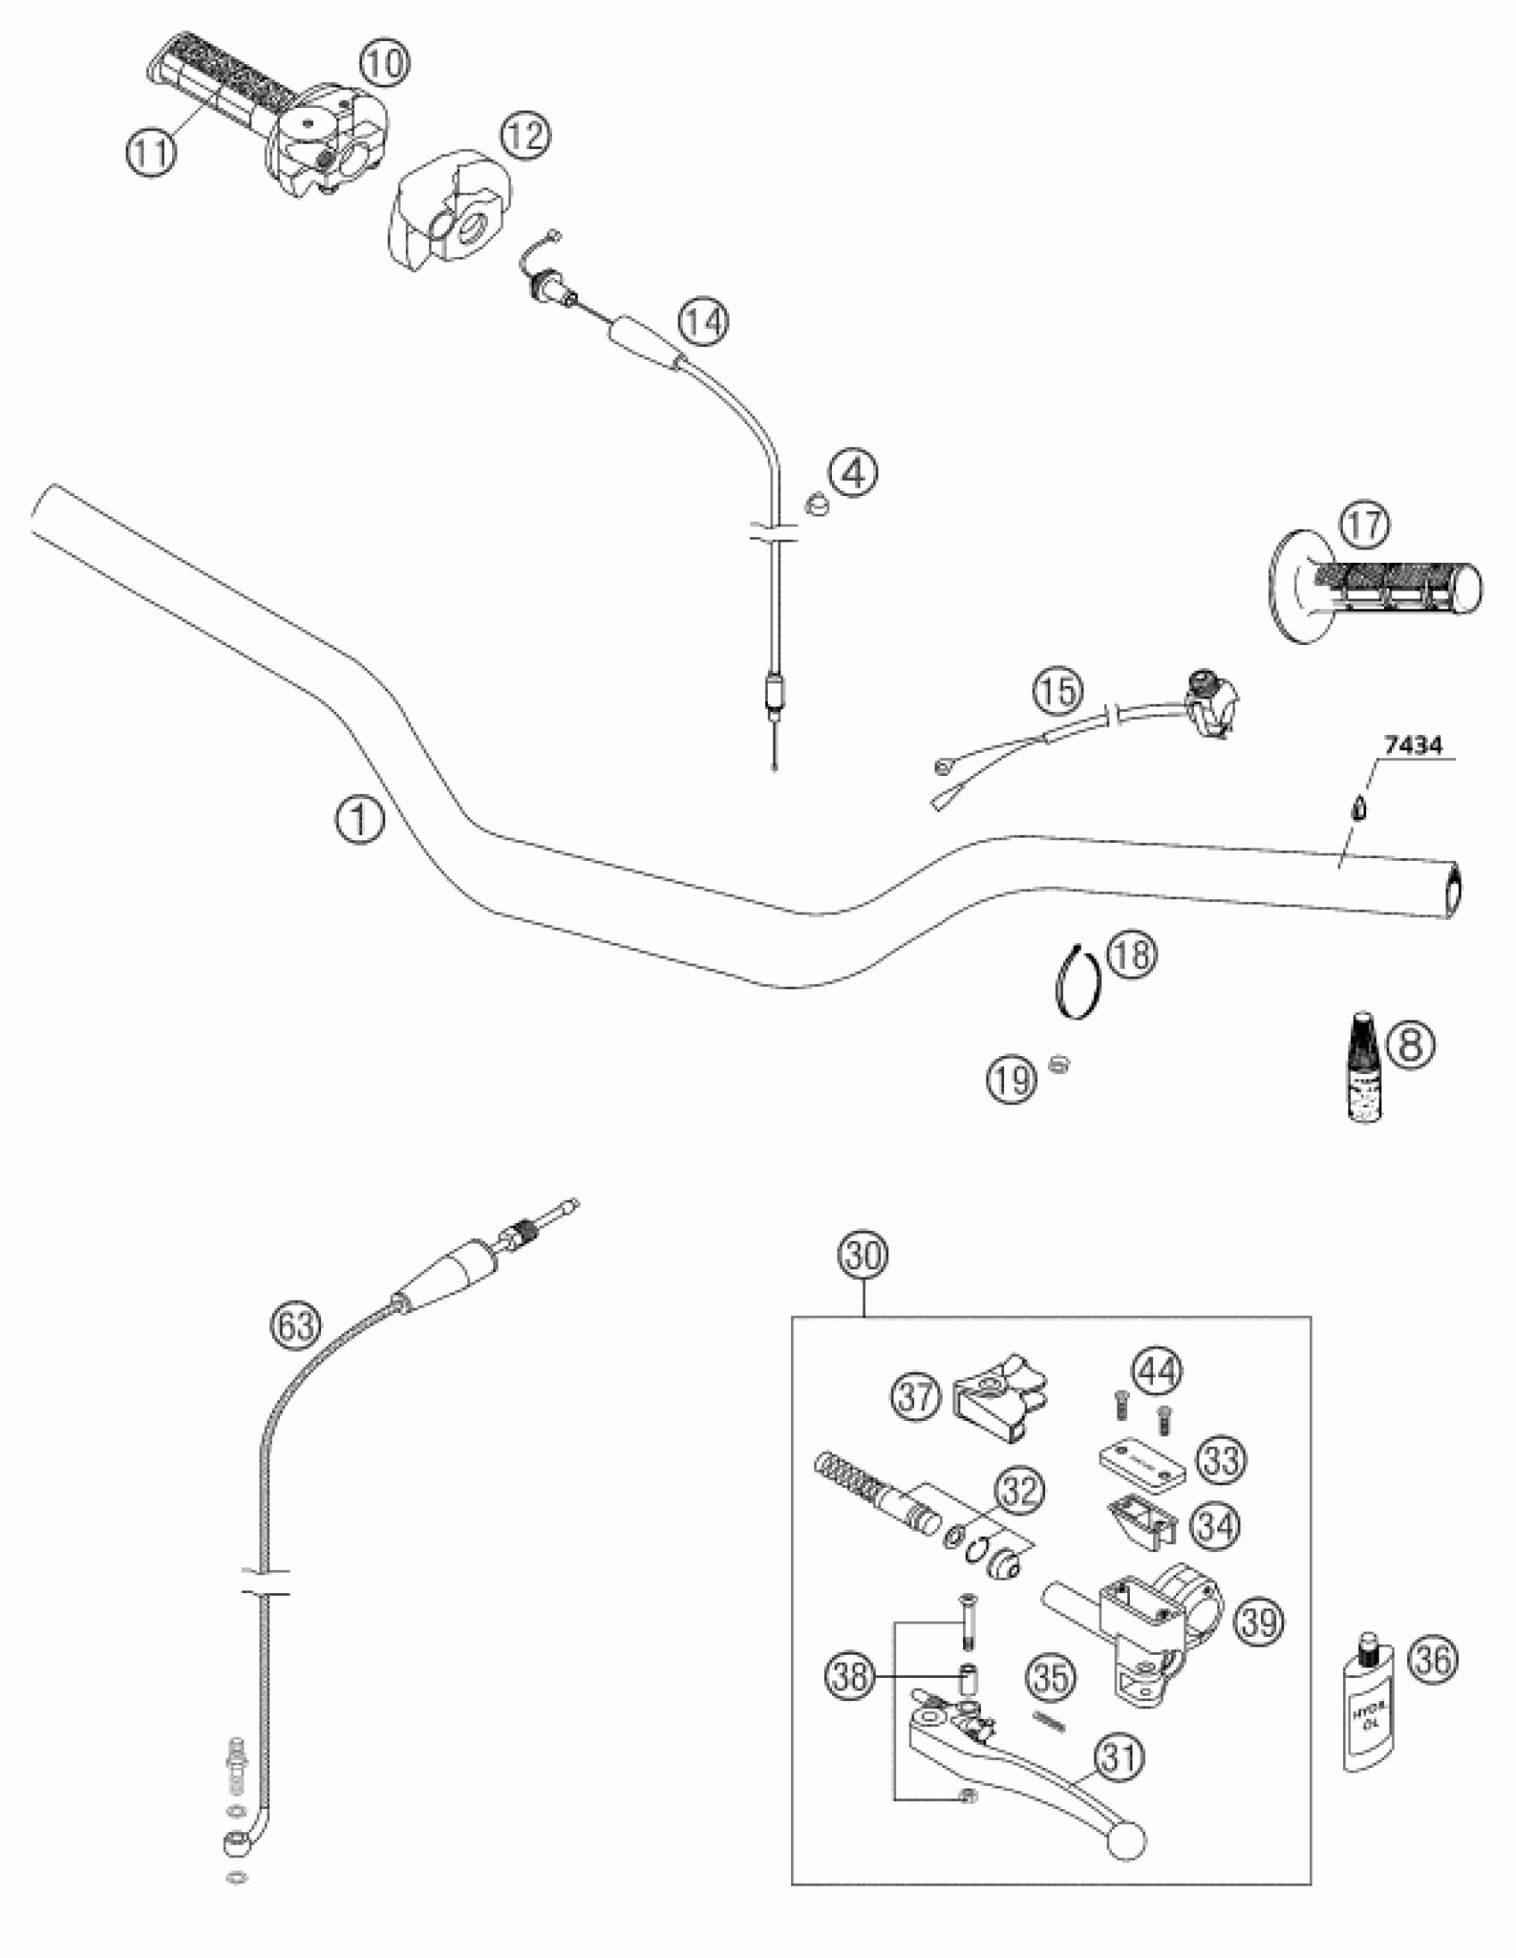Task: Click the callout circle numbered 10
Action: point(385,65)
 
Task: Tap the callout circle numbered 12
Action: point(525,136)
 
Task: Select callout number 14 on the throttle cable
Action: point(703,322)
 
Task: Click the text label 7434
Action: point(1412,745)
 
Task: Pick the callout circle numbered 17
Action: point(1364,526)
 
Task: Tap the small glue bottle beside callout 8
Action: point(1364,1066)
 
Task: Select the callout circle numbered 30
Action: point(863,1256)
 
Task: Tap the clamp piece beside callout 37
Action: point(998,1397)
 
